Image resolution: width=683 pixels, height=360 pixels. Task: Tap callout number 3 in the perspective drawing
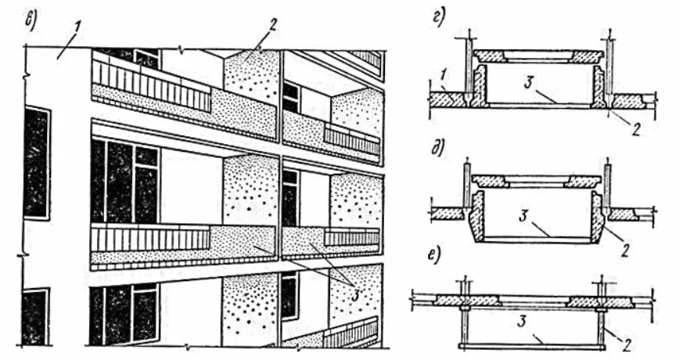342,293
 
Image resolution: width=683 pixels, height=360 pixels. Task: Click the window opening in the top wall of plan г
537,56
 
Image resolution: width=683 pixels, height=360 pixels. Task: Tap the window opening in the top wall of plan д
537,181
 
